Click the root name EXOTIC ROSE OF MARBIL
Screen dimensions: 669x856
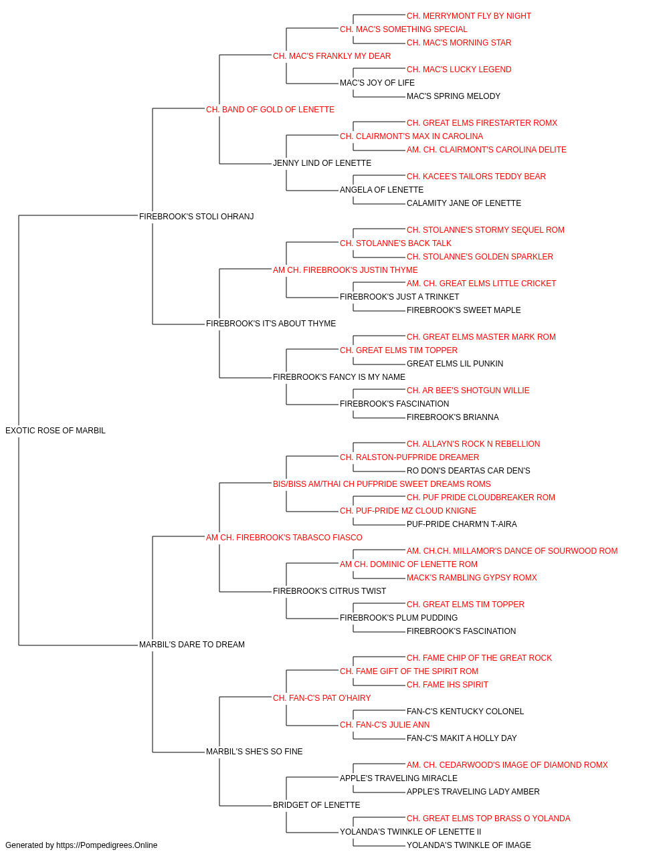[55, 431]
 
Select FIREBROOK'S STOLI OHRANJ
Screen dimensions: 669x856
[196, 217]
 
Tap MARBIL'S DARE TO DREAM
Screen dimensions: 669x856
[191, 645]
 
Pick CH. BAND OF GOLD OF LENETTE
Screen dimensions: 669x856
[270, 110]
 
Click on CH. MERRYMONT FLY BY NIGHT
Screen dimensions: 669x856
[468, 16]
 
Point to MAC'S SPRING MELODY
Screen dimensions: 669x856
[453, 96]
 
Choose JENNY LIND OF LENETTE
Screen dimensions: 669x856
[322, 163]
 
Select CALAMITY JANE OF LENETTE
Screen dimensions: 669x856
[464, 203]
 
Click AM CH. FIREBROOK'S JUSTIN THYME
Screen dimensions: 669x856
[345, 270]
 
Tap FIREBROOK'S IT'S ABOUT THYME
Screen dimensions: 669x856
[271, 324]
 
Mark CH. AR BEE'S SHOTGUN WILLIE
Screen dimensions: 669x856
[468, 391]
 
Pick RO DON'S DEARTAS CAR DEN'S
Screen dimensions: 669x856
[468, 471]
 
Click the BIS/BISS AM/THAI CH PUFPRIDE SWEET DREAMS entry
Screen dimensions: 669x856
[381, 484]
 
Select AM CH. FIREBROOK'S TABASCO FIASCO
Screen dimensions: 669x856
[284, 538]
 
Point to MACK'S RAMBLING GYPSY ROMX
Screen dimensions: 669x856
[471, 578]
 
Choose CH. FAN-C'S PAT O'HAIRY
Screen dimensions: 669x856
[322, 698]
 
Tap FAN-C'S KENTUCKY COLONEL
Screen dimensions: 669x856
[465, 712]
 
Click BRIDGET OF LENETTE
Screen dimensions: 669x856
[316, 805]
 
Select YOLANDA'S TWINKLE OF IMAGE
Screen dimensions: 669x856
[468, 845]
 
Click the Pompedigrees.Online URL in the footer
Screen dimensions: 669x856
[106, 845]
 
